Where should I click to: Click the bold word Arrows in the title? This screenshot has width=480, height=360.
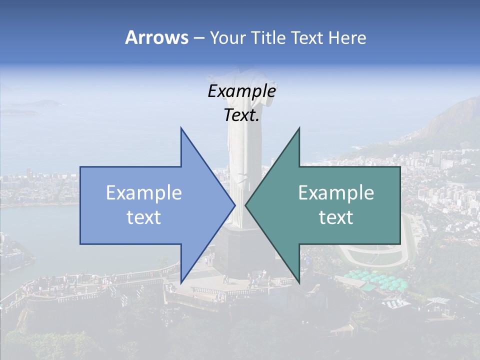point(156,37)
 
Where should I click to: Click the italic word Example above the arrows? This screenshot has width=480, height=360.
point(241,91)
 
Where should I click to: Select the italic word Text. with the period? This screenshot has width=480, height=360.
point(242,115)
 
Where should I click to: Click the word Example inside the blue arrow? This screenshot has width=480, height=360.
point(144,193)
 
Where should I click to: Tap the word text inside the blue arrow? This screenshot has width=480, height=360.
point(144,217)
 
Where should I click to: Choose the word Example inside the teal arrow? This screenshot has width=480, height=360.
point(336,193)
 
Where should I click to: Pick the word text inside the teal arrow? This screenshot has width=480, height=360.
point(336,217)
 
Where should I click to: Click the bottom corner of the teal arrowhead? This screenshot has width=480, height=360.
point(299,281)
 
